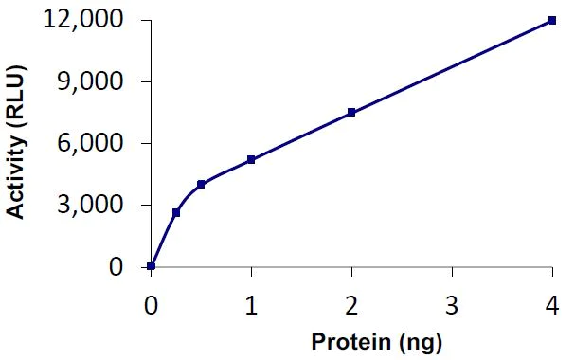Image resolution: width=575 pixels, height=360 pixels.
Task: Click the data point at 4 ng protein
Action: (x=552, y=20)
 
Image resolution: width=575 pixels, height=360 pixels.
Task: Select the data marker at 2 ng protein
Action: (x=351, y=113)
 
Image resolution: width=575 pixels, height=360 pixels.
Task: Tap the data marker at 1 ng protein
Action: (x=251, y=160)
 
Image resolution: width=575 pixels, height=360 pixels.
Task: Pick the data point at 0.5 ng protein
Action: (x=201, y=184)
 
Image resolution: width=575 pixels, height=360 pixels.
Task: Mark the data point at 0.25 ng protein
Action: (x=176, y=213)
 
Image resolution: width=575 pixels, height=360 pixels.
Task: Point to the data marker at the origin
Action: (x=152, y=266)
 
